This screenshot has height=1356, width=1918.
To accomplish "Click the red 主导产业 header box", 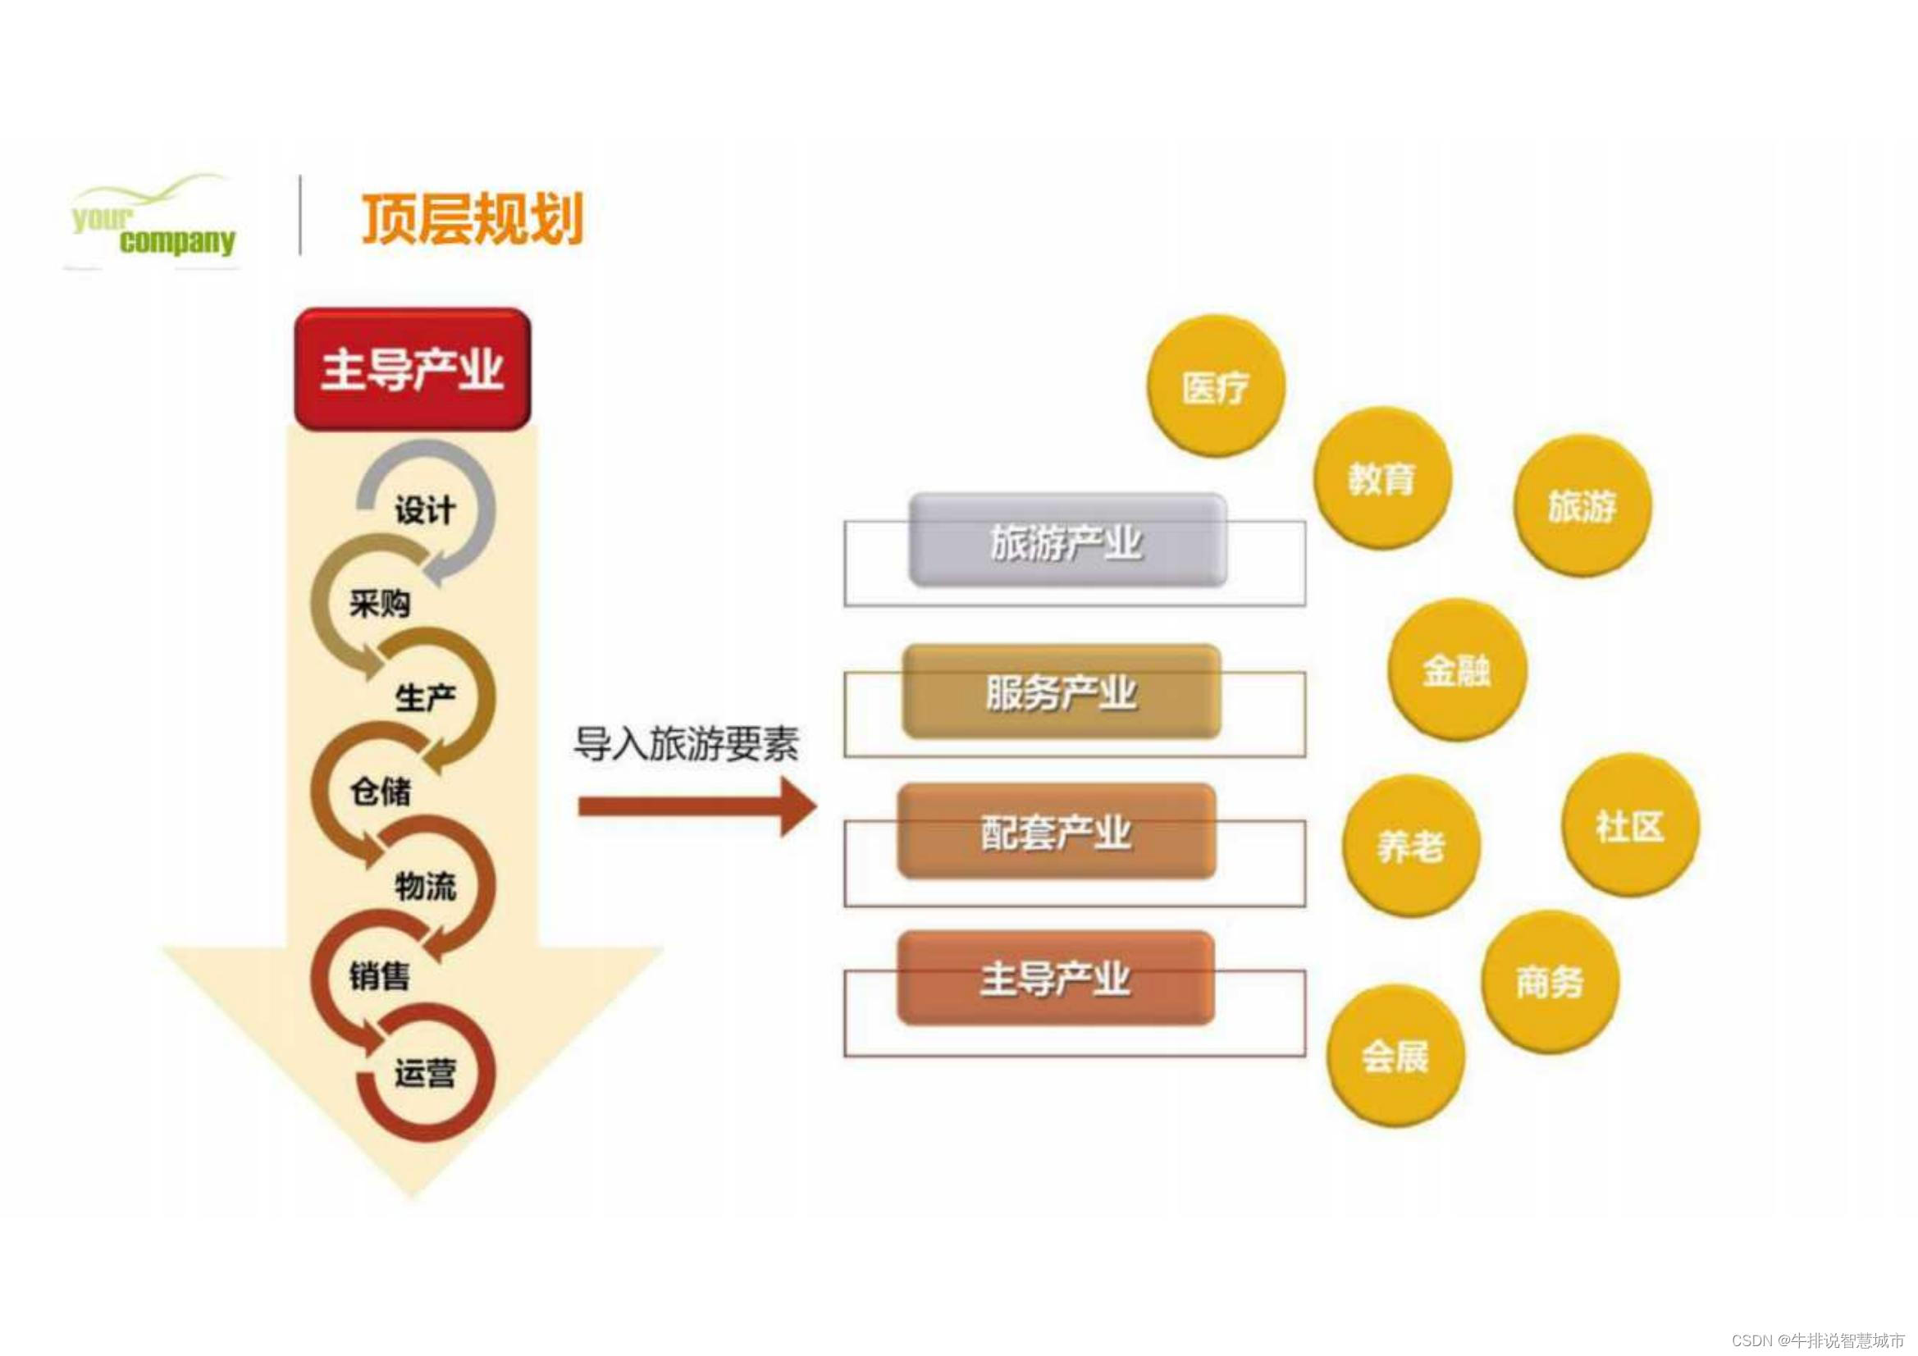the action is [413, 368].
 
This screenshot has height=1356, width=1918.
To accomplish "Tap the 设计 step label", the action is [424, 509].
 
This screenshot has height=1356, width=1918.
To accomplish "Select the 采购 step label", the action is [380, 602].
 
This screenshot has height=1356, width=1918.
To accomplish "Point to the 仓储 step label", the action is [380, 790].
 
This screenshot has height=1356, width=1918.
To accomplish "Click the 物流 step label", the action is [425, 886].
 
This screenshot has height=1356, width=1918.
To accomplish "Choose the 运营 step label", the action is [425, 1073].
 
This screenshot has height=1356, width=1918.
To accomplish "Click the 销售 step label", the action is [380, 976].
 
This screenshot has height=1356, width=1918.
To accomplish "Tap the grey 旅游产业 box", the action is [1066, 541].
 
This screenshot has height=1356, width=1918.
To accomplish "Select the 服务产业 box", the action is [1061, 692].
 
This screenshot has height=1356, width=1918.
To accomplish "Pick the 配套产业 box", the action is [1056, 832].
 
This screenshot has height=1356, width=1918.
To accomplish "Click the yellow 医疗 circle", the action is [1216, 387].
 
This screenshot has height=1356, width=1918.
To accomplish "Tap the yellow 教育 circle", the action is [1381, 479].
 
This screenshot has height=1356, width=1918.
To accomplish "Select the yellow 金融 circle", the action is [1457, 670].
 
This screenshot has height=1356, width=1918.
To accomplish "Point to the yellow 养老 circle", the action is [1411, 847].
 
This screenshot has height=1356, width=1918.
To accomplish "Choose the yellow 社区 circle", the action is [1630, 826].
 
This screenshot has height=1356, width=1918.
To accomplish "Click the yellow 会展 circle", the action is [1395, 1057].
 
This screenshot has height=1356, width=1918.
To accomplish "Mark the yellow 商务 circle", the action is [1550, 982].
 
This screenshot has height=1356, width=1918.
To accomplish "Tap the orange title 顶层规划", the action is [472, 219].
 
